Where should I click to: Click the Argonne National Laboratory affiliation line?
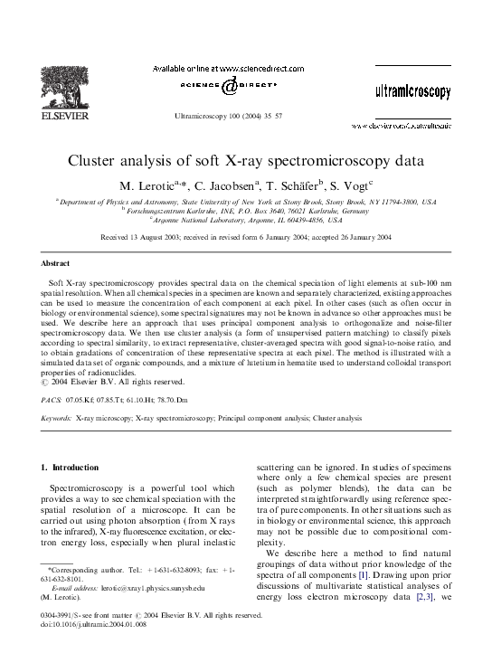[245, 220]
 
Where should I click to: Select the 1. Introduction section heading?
[71, 467]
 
